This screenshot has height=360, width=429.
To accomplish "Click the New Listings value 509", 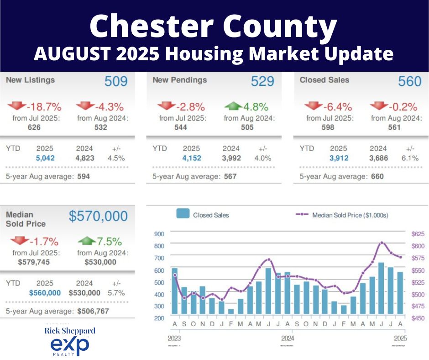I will pos(116,81).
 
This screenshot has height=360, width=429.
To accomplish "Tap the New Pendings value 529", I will pos(262,81).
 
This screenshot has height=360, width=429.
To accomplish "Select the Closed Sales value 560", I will pos(409,81).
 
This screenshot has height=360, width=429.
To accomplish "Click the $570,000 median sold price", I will pos(98,216).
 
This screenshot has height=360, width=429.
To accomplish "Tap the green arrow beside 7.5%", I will pos(87,241).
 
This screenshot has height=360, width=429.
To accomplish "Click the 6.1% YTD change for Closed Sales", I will pos(410,158).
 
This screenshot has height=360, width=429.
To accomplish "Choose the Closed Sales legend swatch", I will pos(183,214).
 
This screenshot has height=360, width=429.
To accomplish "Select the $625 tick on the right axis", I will pos(418,234).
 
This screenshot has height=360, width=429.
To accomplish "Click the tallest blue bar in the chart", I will pos(381,288).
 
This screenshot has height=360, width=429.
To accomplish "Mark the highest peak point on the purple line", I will pos(382,243).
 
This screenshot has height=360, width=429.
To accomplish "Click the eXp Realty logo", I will pos(69,346).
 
